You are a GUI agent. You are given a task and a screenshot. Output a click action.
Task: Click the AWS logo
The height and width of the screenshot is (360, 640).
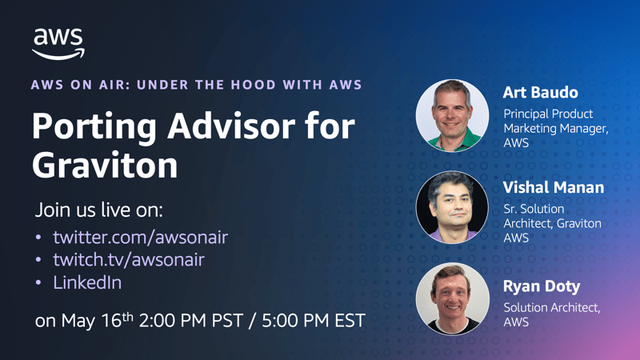(58, 44)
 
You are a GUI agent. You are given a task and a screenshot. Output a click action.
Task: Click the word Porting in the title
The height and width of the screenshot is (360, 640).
(94, 127)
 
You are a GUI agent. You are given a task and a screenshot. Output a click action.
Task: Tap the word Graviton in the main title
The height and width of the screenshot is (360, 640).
(105, 166)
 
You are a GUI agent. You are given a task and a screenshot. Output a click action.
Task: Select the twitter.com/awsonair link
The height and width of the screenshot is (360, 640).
(141, 237)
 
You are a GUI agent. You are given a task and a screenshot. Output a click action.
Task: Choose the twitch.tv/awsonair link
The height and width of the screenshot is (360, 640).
(129, 259)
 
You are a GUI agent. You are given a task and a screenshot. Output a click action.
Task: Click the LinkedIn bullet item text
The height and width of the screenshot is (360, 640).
(87, 282)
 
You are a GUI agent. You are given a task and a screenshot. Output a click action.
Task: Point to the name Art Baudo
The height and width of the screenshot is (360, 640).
(541, 93)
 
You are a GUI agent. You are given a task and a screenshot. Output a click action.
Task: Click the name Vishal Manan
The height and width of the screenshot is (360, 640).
(553, 187)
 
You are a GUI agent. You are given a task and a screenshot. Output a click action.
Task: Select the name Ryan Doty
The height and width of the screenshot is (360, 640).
(542, 287)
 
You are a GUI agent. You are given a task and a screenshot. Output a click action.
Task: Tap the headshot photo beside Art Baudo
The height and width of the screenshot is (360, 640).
(452, 115)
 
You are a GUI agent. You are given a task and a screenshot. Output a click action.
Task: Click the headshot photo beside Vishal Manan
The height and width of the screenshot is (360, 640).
(452, 207)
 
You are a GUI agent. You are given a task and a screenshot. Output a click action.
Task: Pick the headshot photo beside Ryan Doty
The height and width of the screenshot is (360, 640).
(452, 298)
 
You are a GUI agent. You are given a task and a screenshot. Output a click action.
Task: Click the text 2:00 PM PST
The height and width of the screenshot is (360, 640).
(191, 321)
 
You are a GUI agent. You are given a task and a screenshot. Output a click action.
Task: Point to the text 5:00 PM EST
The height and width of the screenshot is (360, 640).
(314, 321)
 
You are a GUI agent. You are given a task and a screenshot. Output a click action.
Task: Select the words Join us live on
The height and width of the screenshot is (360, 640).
(98, 210)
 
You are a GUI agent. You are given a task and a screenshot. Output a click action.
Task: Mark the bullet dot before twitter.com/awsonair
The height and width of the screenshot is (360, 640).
(38, 237)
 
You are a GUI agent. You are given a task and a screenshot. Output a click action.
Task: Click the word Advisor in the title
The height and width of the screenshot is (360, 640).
(231, 127)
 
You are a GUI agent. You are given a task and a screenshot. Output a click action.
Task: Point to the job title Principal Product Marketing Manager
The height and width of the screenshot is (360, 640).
(556, 121)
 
